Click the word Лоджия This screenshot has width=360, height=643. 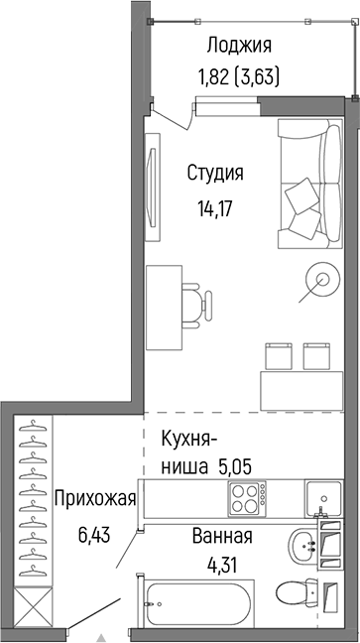point(239,45)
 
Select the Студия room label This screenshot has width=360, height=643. point(215,173)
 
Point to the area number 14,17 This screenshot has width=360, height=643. point(215,209)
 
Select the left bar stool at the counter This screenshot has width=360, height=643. point(278,354)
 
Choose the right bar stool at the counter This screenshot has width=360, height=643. point(317,354)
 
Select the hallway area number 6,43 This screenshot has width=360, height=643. point(95,535)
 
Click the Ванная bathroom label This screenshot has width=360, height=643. point(221,537)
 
